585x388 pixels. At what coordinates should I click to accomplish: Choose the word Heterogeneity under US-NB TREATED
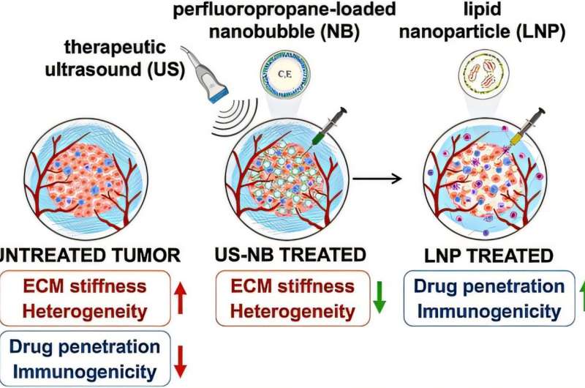tap(287, 310)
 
